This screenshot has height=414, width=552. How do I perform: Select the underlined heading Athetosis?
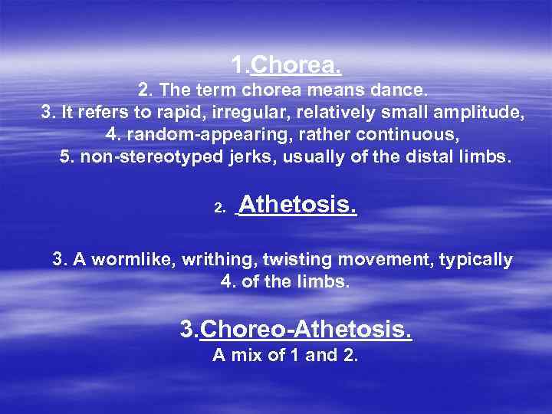click(x=298, y=205)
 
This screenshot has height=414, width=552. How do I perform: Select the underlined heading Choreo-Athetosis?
click(x=305, y=330)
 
